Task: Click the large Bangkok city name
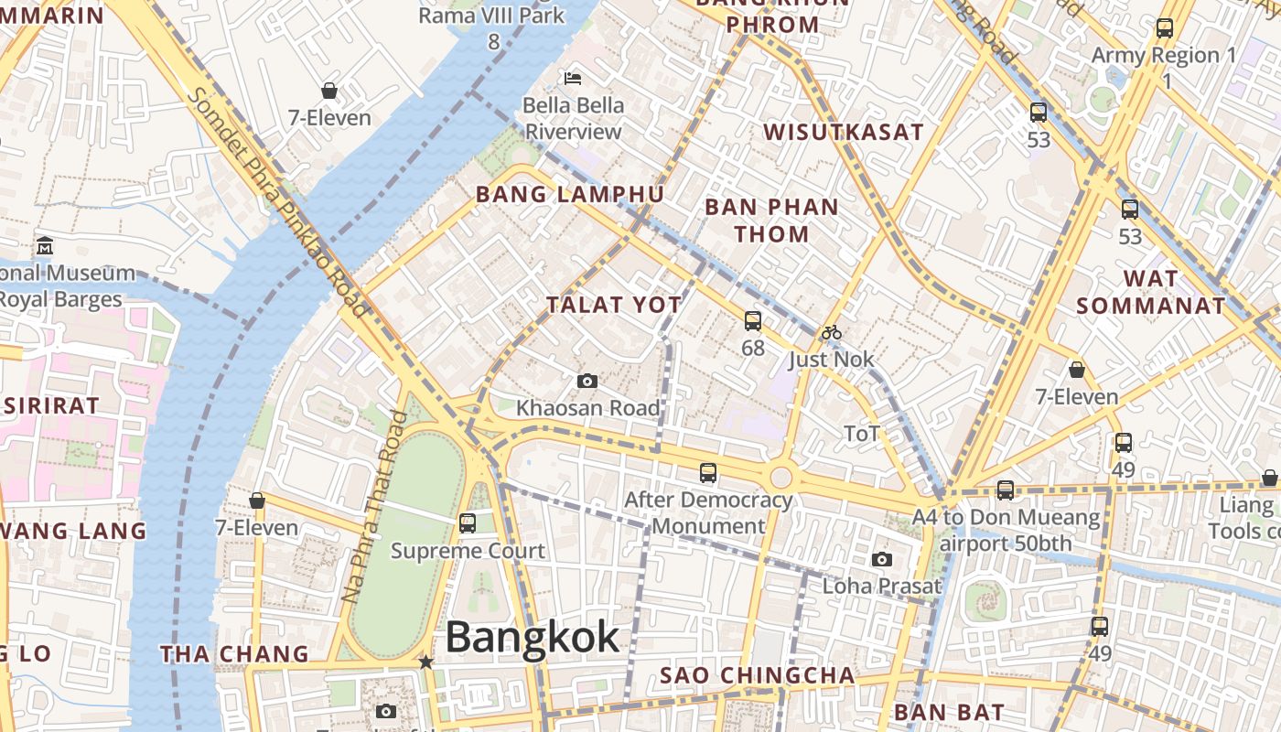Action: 532,637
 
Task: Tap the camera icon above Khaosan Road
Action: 587,381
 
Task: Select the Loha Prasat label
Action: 881,586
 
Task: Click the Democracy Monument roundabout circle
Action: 780,477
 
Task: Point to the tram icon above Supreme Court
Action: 468,523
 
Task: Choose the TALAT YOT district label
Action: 614,305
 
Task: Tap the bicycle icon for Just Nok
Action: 832,333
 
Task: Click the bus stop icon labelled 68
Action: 753,321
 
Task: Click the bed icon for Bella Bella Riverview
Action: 574,79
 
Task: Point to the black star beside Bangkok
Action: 425,662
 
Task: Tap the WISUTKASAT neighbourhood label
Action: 844,132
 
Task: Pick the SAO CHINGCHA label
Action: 758,676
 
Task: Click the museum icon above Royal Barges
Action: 45,246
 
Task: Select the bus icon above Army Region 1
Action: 1164,28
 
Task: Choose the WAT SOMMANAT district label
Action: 1150,292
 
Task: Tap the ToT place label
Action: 861,434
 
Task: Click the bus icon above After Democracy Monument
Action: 708,473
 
